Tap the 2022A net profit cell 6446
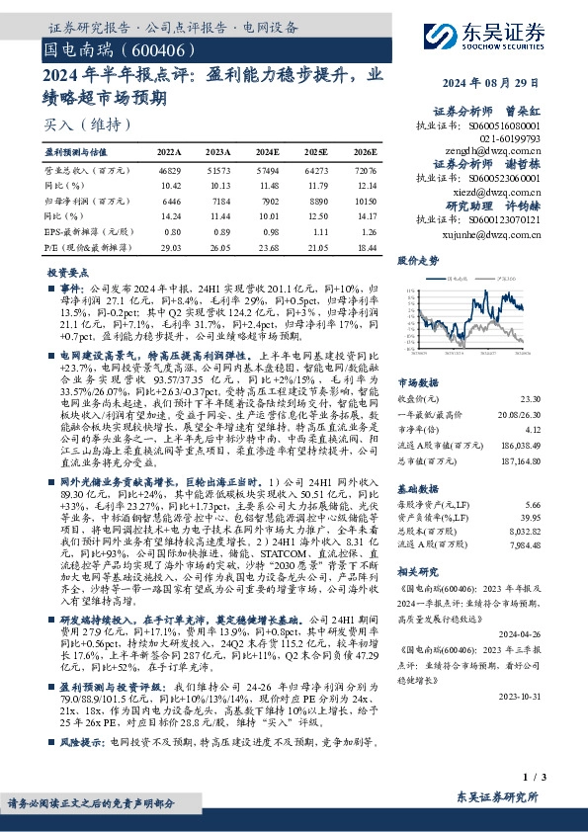pos(170,201)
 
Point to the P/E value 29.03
pos(170,244)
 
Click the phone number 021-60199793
pos(510,139)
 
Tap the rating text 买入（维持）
pos(75,125)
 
